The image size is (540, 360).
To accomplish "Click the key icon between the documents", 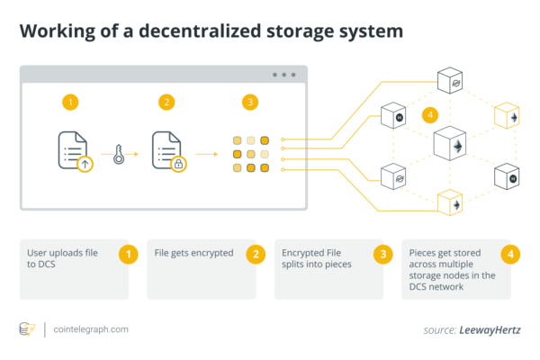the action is (119, 154).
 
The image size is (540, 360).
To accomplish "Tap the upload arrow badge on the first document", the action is (85, 164).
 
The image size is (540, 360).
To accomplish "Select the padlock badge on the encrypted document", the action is (179, 164).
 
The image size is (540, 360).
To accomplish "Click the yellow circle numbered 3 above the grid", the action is (250, 103).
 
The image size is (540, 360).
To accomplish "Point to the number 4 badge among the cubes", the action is (430, 115).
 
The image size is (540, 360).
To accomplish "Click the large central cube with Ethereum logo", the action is (450, 143).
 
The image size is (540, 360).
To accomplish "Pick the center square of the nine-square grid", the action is (251, 154).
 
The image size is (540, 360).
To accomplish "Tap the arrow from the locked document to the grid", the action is (207, 154).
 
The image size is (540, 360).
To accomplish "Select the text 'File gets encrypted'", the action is (193, 253).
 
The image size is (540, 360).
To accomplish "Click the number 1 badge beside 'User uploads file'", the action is (129, 255).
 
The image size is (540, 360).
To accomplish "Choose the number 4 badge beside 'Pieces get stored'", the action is (510, 255).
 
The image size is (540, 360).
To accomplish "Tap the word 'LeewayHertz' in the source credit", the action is (490, 330).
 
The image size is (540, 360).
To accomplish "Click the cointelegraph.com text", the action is (91, 329).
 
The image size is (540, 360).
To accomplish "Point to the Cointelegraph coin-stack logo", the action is (27, 329).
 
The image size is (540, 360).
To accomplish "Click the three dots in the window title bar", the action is (284, 75).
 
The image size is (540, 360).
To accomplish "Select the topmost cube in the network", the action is (450, 80).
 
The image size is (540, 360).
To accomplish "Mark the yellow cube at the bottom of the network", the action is (450, 202).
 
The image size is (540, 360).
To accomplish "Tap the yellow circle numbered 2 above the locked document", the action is (166, 103).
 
